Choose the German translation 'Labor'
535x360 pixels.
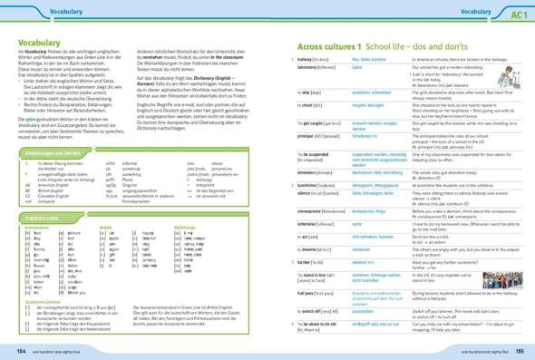click(x=357, y=67)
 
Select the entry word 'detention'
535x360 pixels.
click(x=311, y=172)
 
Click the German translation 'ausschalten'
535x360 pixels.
click(x=364, y=310)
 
